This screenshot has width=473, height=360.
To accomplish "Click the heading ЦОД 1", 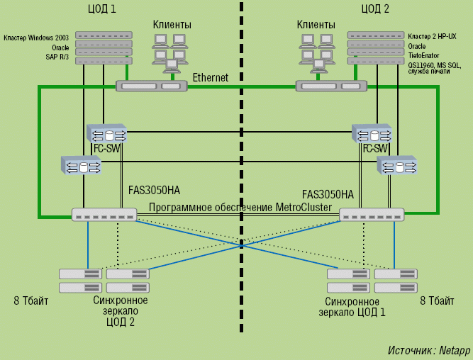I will [103, 9].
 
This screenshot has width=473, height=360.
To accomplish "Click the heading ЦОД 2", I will [375, 9].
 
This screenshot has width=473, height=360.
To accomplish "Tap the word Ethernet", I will [211, 77].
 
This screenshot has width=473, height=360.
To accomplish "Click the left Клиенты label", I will [172, 25].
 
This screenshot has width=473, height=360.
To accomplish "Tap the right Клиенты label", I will [316, 25].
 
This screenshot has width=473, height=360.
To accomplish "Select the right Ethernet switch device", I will [331, 86].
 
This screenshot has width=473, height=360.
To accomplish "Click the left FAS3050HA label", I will [155, 191].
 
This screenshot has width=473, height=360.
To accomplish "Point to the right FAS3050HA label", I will [328, 193].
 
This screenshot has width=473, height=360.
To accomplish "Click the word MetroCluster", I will [303, 207].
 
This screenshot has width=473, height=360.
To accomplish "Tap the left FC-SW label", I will [107, 149].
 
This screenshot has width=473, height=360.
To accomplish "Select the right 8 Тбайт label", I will [437, 300].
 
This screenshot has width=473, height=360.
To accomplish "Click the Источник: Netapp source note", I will [429, 350].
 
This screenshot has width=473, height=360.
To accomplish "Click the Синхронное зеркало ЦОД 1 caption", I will [352, 306].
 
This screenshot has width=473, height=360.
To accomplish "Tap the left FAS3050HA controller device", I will [104, 214].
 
